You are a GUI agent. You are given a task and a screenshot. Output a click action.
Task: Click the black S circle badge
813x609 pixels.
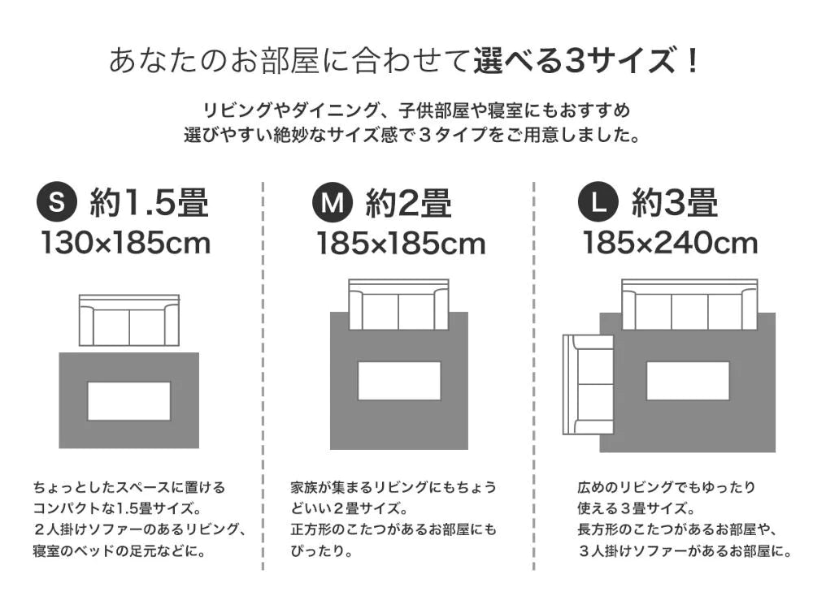tap(57, 202)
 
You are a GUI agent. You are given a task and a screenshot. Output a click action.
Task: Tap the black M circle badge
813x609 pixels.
tap(333, 202)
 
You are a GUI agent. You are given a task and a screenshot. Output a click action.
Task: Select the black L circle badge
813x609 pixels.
tap(598, 202)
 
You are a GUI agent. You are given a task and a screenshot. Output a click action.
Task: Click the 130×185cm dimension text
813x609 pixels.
tap(126, 244)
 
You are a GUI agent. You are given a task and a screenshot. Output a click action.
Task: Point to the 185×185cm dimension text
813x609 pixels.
tap(402, 244)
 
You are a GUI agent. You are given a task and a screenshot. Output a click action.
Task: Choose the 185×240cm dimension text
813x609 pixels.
tap(671, 244)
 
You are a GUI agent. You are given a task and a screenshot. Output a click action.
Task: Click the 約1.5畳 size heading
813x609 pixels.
tap(150, 202)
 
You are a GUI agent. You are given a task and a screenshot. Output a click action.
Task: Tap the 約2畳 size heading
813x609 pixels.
tap(409, 202)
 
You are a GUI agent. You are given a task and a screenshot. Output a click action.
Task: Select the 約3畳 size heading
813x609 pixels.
tap(675, 202)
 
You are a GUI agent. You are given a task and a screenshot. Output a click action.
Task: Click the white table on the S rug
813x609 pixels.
tap(129, 401)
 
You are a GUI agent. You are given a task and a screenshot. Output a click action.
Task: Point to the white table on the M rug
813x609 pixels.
tap(399, 381)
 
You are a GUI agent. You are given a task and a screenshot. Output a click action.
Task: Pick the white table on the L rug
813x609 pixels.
tap(688, 381)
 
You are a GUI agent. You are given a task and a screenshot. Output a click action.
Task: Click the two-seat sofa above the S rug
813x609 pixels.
tap(129, 321)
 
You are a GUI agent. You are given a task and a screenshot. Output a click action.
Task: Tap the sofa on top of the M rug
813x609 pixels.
tap(398, 304)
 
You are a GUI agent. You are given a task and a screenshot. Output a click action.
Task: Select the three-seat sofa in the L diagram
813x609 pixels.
tap(689, 304)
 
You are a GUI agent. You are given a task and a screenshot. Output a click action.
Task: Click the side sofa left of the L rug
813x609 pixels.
tap(588, 384)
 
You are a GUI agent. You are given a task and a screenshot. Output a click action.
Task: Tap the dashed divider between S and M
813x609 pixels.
tap(263, 376)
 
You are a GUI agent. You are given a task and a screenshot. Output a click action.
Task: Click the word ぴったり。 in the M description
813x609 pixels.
tap(321, 551)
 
